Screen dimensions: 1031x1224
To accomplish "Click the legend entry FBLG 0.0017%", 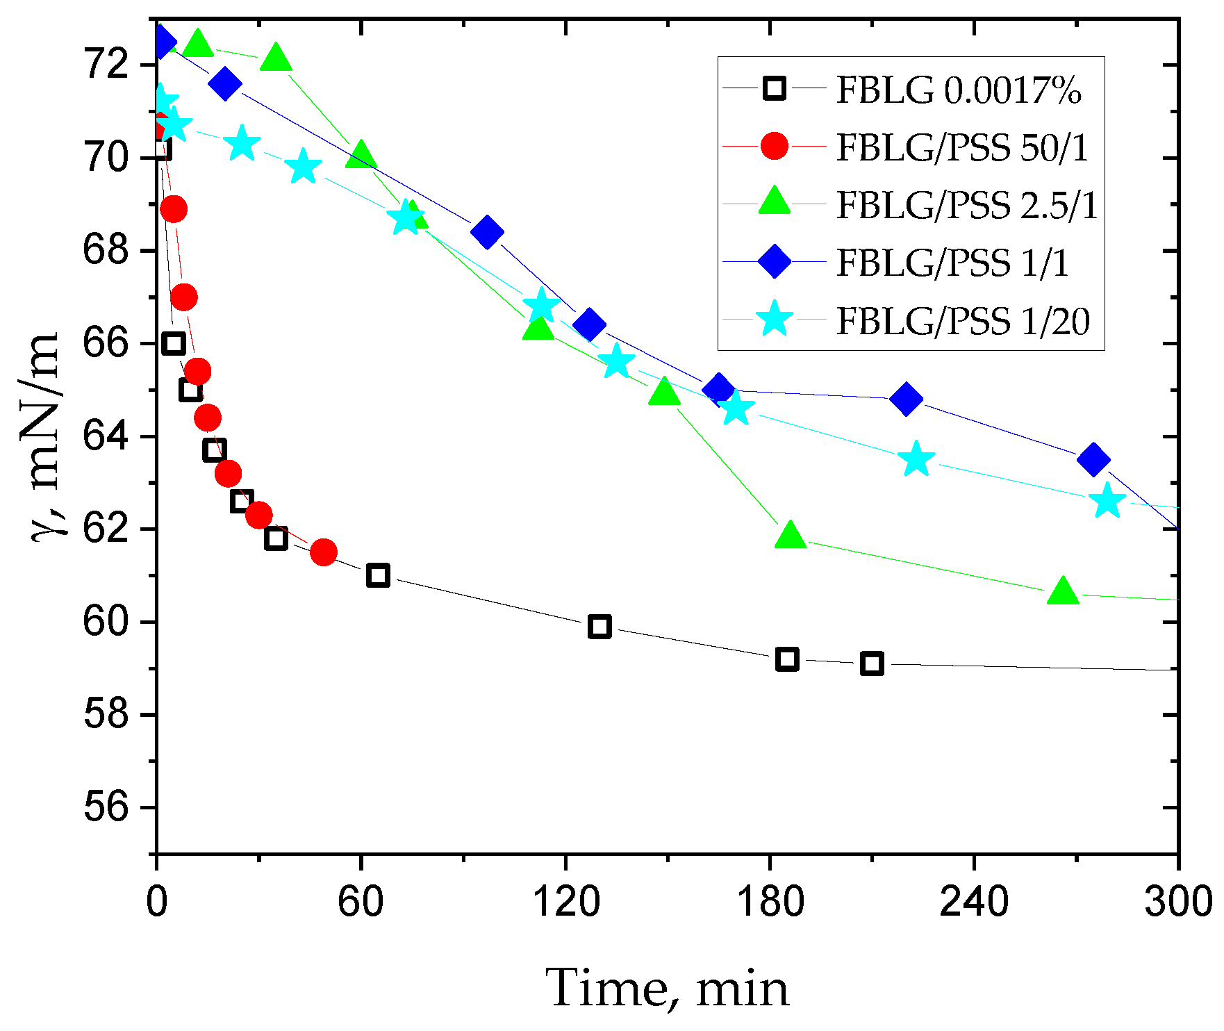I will click(958, 90).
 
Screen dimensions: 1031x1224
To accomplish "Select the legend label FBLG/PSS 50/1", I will click(962, 147).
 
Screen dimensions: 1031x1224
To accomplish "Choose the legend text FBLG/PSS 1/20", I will click(963, 321).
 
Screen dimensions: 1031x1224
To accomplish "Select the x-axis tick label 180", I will click(770, 902).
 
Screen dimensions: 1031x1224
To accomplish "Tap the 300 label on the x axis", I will click(1178, 902).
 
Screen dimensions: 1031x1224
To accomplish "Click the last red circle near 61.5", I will click(324, 552).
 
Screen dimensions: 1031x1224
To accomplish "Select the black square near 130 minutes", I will click(599, 627).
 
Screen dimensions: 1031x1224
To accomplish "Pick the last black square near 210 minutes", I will click(872, 663).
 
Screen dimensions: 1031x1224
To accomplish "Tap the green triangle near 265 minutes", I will click(1062, 592).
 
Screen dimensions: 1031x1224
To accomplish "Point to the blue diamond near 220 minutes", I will click(906, 399).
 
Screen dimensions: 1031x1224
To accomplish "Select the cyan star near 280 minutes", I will click(1107, 502).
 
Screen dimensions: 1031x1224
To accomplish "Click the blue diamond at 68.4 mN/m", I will click(487, 232).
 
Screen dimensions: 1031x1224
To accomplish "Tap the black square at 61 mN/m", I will click(378, 575).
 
